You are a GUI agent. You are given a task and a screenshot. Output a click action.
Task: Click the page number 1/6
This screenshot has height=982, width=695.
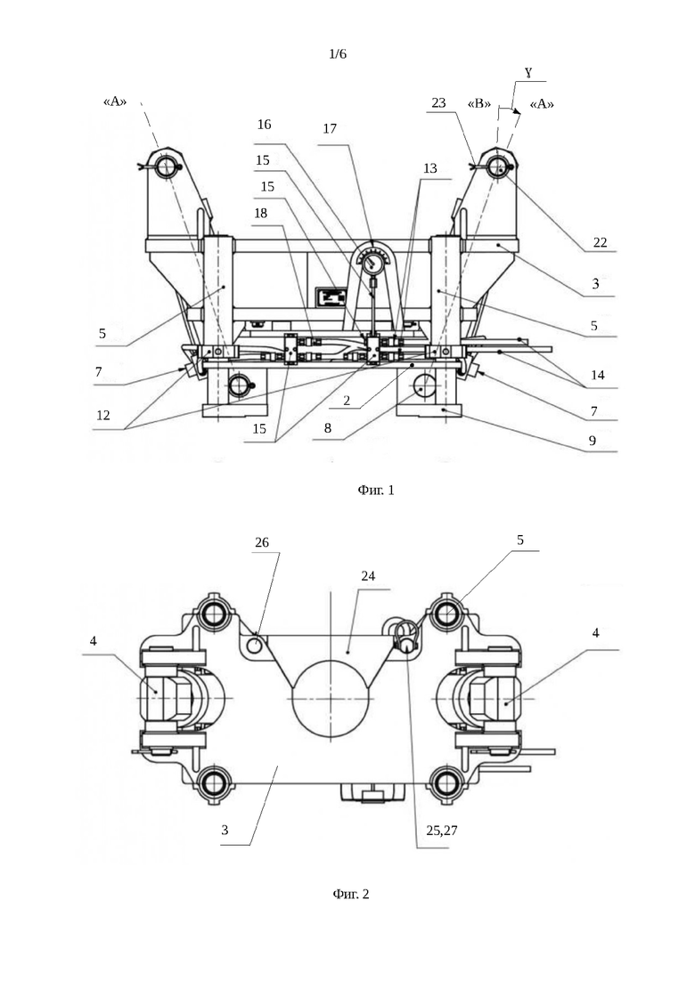pos(337,53)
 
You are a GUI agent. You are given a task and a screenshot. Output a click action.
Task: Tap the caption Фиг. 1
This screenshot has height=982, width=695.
pos(376,490)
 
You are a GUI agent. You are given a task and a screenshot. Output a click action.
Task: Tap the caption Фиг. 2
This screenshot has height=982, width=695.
pos(351,894)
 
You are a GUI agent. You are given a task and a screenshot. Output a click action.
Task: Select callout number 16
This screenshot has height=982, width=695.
pos(265,125)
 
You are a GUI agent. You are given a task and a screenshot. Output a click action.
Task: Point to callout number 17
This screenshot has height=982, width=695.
pos(330,128)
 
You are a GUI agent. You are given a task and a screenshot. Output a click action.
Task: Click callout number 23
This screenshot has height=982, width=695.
pos(438,102)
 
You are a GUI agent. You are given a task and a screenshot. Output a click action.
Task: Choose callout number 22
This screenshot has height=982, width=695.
pos(600,242)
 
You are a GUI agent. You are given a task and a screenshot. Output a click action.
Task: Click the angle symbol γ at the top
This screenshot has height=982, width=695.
pos(528,73)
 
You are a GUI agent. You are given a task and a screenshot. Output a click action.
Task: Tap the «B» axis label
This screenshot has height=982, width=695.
pos(479,103)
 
